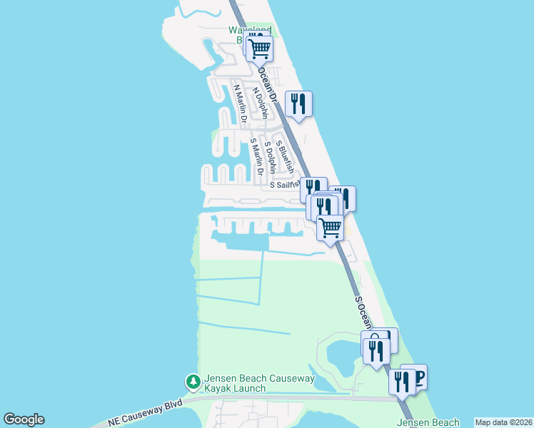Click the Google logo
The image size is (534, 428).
(24, 419)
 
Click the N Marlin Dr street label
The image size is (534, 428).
(241, 103)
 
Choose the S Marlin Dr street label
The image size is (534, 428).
(257, 156)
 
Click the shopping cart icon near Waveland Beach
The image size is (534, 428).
(260, 48)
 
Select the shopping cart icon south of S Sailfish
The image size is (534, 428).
(330, 228)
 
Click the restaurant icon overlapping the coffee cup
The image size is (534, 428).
(402, 382)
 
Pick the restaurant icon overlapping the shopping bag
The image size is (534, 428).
(375, 350)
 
